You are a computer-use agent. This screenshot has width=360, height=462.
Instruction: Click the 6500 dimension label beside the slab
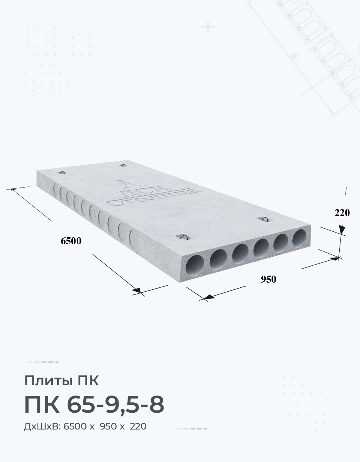tap(71, 241)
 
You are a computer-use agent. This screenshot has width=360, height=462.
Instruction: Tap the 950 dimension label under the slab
tap(268, 279)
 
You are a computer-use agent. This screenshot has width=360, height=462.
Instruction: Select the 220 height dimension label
tap(342, 213)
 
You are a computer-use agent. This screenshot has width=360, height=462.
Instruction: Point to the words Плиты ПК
tap(61, 381)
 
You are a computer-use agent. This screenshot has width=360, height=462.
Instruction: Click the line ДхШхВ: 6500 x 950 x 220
tap(85, 426)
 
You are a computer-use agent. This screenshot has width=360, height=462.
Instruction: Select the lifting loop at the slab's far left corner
tap(62, 173)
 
